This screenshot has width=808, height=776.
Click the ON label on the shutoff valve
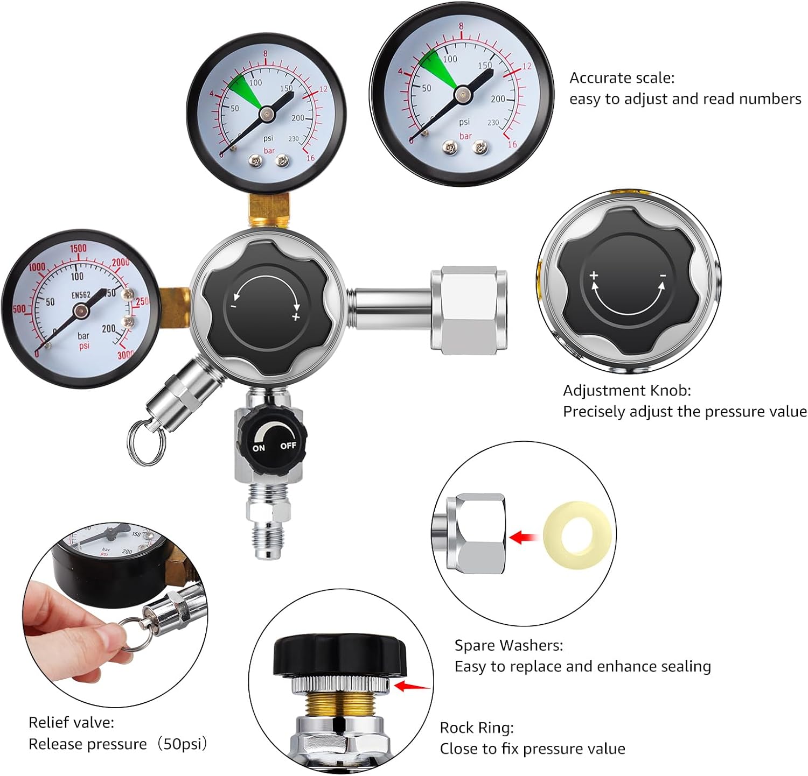point(259,448)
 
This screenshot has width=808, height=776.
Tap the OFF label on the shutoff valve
point(288,446)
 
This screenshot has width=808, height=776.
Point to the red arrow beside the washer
point(524,537)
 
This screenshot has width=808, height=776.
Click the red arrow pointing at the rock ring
point(413,686)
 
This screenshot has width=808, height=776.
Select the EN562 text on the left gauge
point(81,295)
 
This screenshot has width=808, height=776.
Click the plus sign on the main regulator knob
point(295,317)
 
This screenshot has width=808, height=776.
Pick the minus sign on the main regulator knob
point(234,306)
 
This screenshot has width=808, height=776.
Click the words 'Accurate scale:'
point(622,78)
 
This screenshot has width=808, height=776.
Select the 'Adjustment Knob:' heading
point(626,390)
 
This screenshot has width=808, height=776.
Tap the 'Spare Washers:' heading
point(509,645)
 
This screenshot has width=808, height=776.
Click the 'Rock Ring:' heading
point(477,728)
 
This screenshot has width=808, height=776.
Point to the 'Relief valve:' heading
point(71,722)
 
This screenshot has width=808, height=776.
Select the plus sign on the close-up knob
point(594,275)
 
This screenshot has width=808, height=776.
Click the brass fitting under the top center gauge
point(269,210)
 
